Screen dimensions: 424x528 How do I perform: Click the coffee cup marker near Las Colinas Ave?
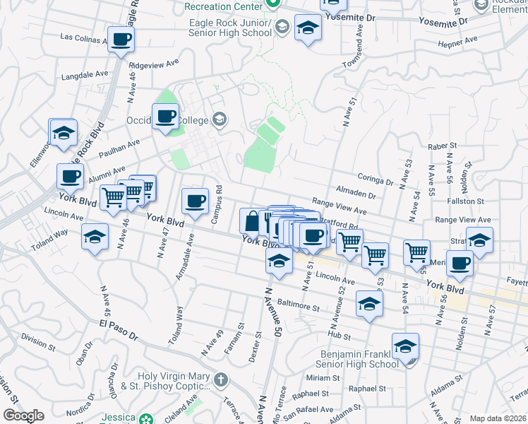(x=121, y=40)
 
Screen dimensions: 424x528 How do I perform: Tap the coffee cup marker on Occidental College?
(x=166, y=117)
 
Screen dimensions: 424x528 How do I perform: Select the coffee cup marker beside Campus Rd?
(x=195, y=201)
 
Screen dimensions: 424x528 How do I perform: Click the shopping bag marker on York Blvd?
(x=252, y=220)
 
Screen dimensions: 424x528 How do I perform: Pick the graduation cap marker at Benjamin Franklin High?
(x=405, y=347)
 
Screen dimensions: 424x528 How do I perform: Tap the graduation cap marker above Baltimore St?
(x=369, y=304)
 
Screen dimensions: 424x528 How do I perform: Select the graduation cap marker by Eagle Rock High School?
(x=308, y=29)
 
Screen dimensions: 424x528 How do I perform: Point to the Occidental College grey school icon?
(x=220, y=118)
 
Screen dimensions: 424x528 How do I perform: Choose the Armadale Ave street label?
(x=185, y=260)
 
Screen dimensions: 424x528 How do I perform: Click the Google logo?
(x=23, y=416)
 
